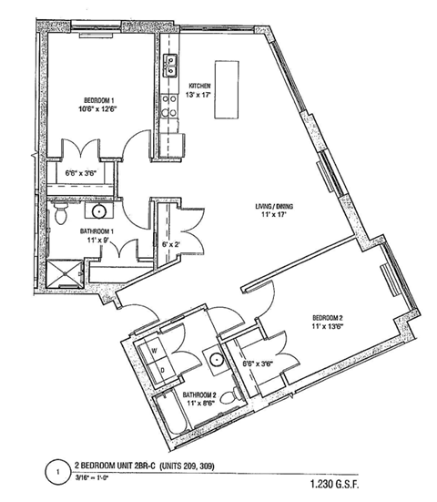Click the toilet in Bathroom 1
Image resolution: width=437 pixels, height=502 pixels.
coord(60,214)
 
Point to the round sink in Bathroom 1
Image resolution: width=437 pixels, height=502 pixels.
coord(100,211)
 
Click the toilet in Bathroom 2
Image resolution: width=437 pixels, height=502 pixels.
coord(236,394)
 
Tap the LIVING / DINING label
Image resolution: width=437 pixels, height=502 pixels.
coord(275,207)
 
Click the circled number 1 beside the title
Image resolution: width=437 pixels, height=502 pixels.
coord(55,473)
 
